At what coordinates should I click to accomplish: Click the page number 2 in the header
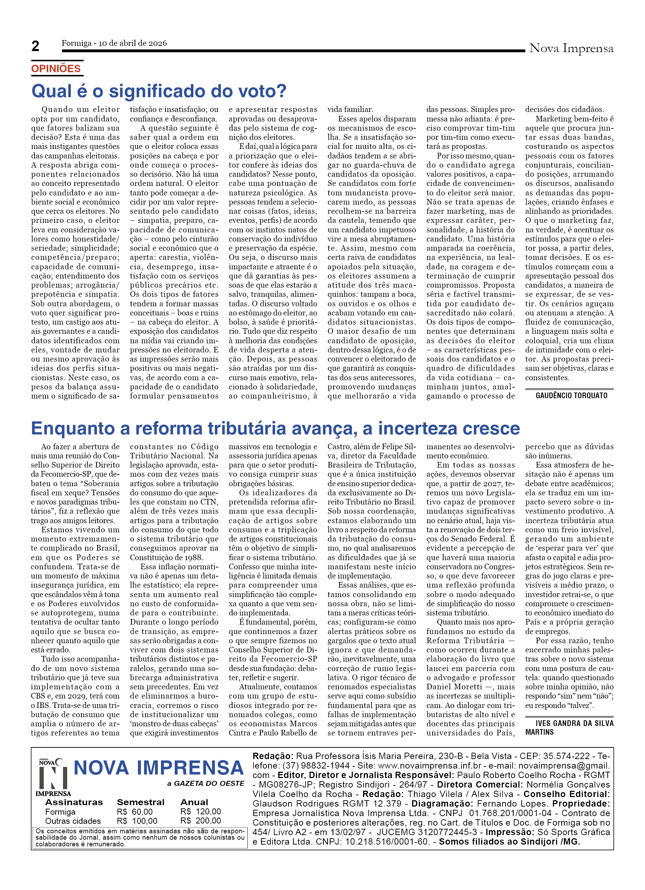tap(35, 46)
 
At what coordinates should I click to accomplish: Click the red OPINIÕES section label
tap(56, 69)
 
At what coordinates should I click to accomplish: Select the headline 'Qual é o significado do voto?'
tap(159, 91)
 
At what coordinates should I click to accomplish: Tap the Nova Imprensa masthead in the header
tap(571, 49)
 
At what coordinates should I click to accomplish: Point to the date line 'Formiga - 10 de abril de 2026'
tap(114, 43)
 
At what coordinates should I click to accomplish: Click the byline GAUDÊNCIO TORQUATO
tap(571, 396)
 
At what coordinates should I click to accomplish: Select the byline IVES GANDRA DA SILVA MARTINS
tap(569, 728)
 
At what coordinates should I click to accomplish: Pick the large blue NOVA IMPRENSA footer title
tap(159, 768)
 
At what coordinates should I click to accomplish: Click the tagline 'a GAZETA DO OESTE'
tap(205, 784)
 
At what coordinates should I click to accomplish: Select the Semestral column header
tap(141, 802)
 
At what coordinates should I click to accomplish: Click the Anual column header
tap(194, 802)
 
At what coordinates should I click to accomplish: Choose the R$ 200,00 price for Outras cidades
tap(200, 821)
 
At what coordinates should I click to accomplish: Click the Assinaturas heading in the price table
tap(74, 802)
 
